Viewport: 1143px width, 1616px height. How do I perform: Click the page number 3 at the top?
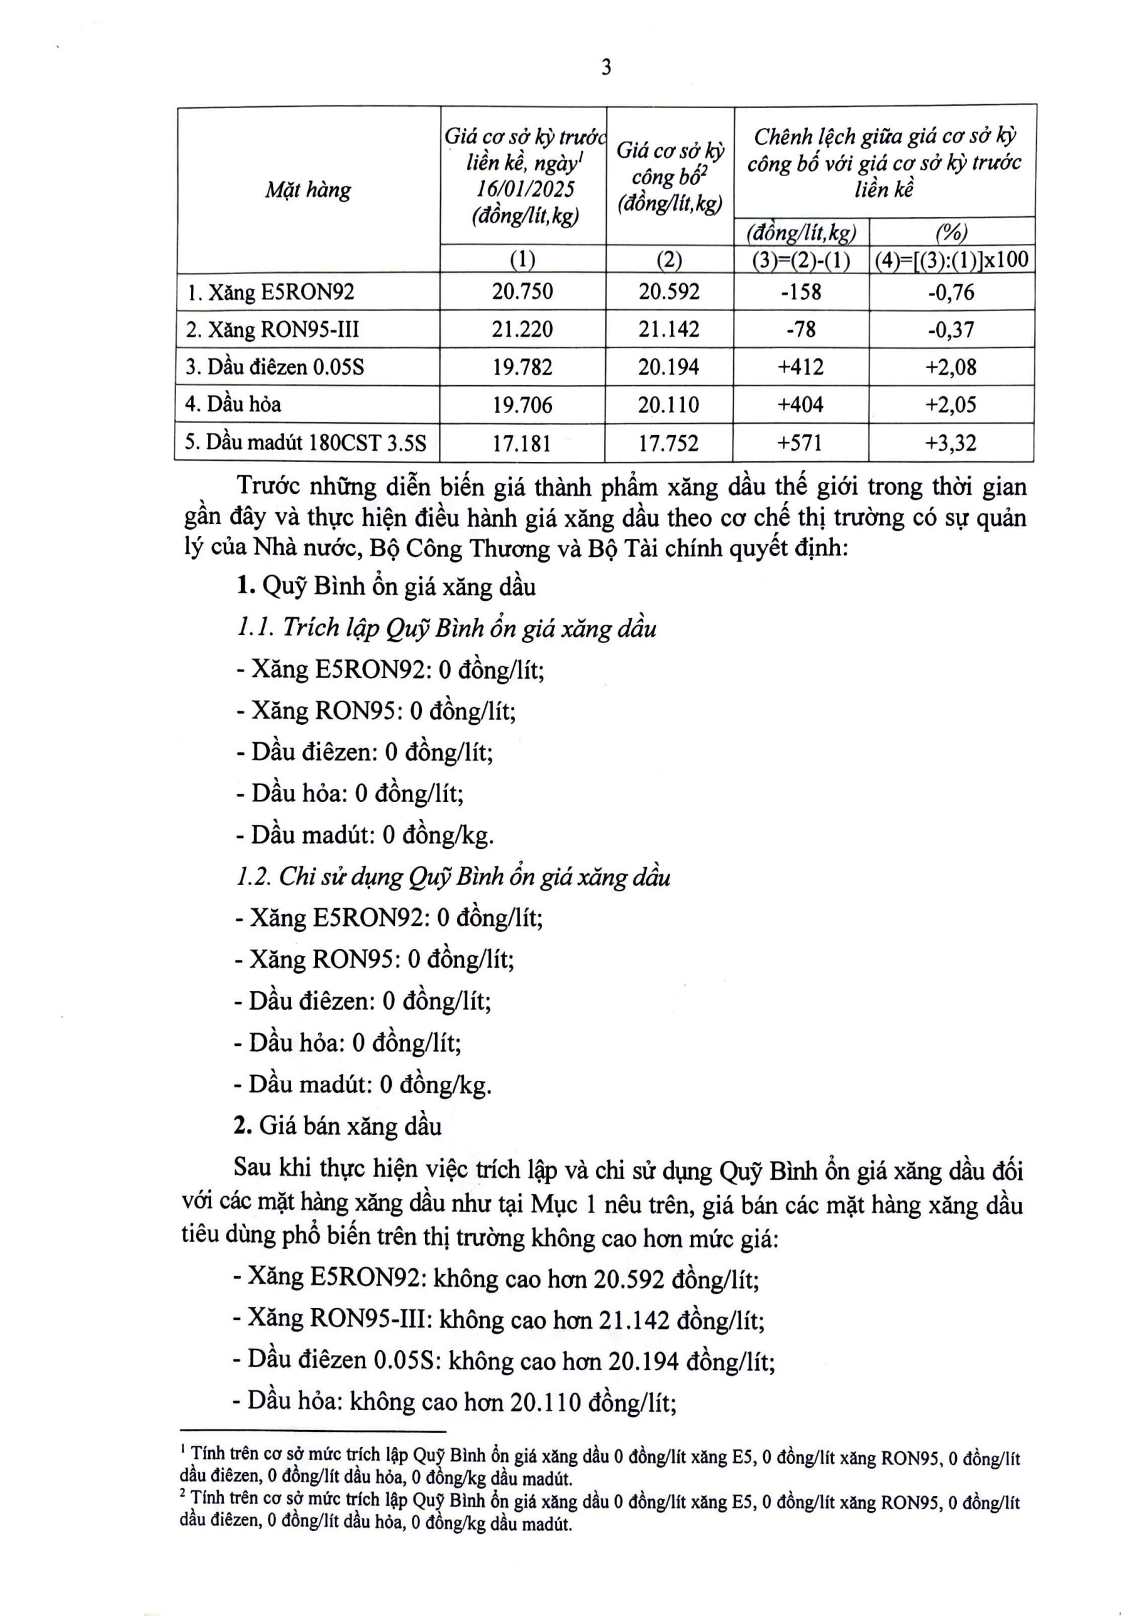click(606, 67)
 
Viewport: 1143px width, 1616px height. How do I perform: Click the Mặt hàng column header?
click(307, 190)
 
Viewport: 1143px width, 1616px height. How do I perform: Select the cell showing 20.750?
click(522, 292)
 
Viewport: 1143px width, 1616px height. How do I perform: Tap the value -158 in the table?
click(801, 292)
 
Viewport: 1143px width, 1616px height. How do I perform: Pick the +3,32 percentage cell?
click(951, 442)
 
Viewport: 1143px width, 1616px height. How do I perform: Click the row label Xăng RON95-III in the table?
click(273, 329)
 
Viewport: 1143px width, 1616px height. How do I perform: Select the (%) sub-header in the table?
click(951, 231)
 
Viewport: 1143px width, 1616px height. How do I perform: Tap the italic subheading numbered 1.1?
click(446, 628)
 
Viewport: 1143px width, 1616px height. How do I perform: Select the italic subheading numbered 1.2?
click(453, 876)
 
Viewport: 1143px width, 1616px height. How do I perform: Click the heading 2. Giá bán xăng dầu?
click(338, 1126)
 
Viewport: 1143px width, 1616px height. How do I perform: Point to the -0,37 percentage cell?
click(951, 329)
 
